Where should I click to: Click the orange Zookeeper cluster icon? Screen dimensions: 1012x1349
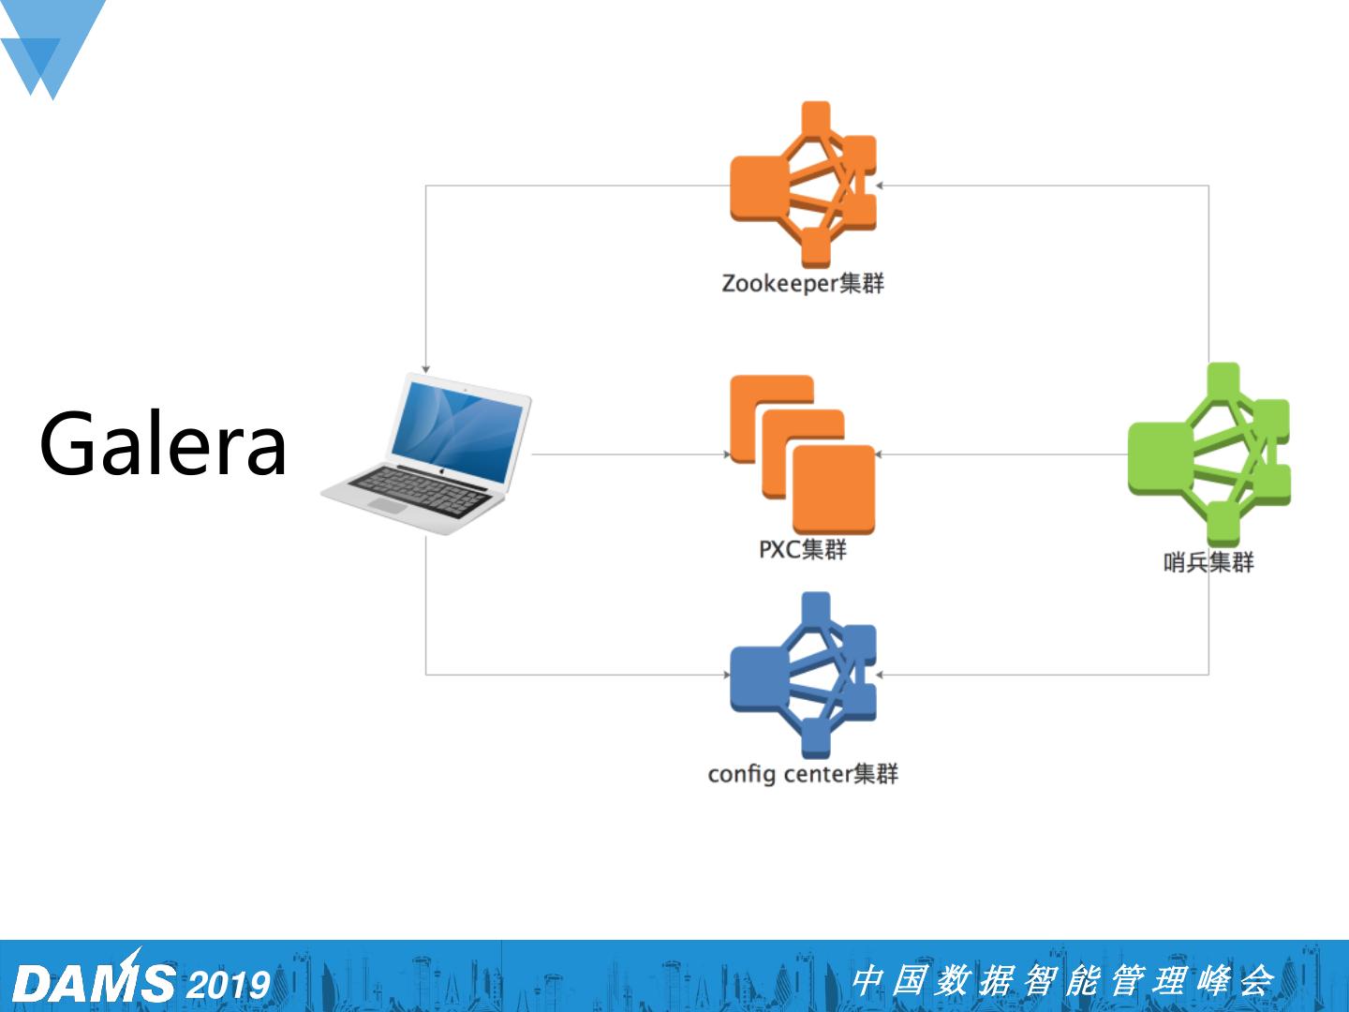803,185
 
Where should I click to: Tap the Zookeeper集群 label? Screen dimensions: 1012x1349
803,283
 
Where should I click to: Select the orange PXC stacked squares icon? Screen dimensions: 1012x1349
803,454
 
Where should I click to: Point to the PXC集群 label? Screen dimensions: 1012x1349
803,549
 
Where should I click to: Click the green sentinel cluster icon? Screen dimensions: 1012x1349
1208,454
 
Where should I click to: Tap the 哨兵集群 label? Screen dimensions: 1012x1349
1208,562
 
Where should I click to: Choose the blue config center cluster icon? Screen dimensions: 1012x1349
803,675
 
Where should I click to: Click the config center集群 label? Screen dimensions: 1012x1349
803,774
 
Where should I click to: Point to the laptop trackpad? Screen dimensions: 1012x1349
388,505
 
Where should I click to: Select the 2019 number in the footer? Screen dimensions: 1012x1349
229,985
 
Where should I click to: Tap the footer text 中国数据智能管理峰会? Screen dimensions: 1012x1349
1062,981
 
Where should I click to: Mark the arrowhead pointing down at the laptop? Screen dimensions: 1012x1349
426,369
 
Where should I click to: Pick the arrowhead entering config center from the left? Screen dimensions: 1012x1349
726,674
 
